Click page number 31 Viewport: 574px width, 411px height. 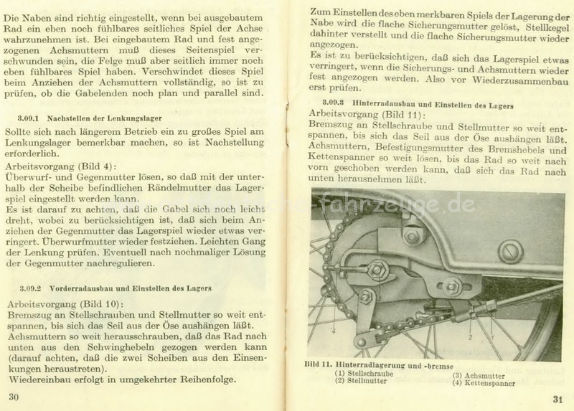(559, 400)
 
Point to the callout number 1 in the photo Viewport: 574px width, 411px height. (489, 334)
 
